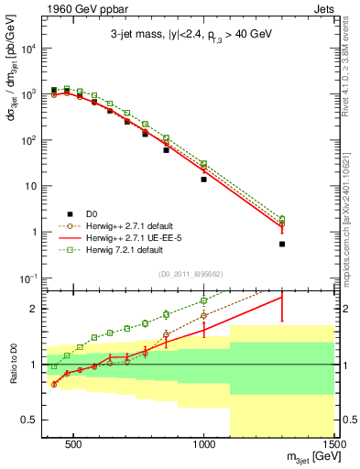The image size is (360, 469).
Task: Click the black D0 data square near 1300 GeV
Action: click(x=282, y=244)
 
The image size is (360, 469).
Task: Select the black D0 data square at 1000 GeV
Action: click(x=203, y=180)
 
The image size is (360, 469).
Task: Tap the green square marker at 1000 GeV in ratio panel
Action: click(x=203, y=300)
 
